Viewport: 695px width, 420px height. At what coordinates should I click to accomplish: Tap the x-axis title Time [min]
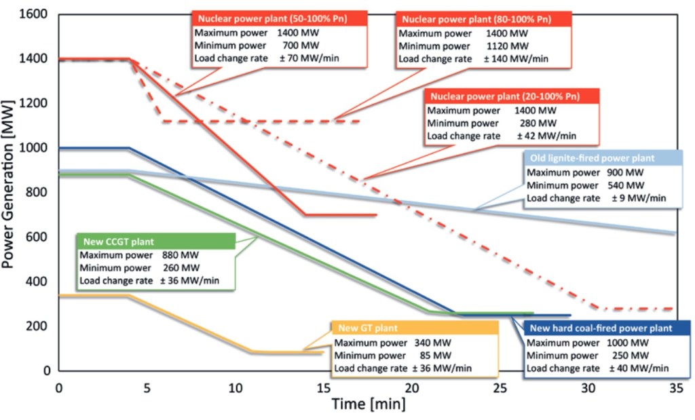pyautogui.click(x=369, y=404)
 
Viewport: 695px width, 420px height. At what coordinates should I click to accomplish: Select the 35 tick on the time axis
pyautogui.click(x=675, y=388)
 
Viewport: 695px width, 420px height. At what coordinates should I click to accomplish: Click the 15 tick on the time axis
pyautogui.click(x=323, y=388)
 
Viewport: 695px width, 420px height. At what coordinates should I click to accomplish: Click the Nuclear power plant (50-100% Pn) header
pyautogui.click(x=280, y=19)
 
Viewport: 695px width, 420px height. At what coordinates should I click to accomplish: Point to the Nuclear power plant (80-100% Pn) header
pyautogui.click(x=483, y=19)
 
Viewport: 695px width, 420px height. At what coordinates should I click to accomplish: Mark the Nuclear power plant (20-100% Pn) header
pyautogui.click(x=503, y=96)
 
